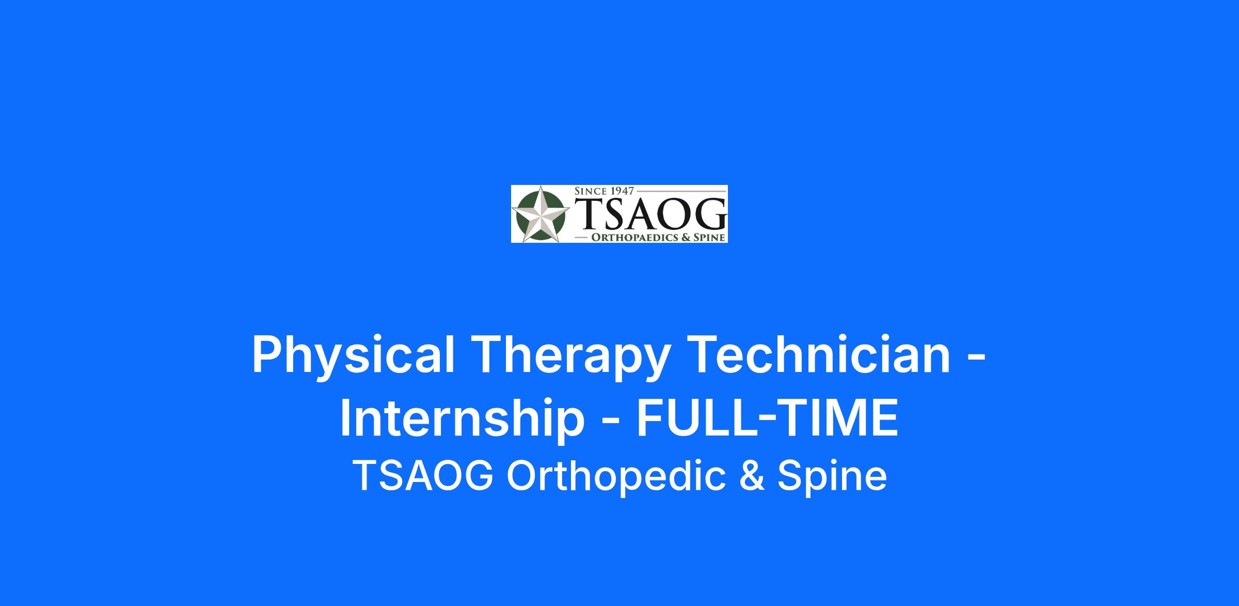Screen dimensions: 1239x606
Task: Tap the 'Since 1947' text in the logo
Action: pyautogui.click(x=604, y=191)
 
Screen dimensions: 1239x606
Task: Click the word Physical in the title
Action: pyautogui.click(x=353, y=355)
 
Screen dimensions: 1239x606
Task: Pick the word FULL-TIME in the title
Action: pyautogui.click(x=768, y=417)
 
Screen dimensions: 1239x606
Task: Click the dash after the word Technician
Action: pyautogui.click(x=976, y=358)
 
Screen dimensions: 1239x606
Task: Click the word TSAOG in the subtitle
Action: pyautogui.click(x=423, y=476)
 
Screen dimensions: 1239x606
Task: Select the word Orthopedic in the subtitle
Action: pyautogui.click(x=618, y=476)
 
